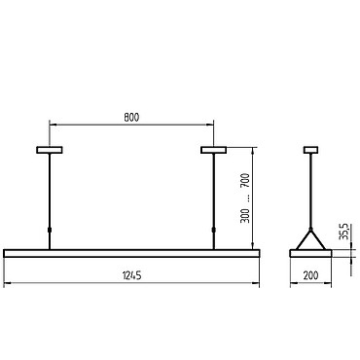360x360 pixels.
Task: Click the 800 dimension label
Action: coord(131,117)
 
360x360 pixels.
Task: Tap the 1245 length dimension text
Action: coord(132,276)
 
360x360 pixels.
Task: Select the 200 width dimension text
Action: coord(310,275)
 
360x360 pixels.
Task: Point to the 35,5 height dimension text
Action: coord(343,232)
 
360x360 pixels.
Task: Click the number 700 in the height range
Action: coord(245,181)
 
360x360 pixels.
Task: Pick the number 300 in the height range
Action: coord(245,216)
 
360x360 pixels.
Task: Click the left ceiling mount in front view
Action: coord(50,150)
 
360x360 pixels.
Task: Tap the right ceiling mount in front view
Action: coord(213,150)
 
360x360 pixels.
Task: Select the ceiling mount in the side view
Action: coord(310,150)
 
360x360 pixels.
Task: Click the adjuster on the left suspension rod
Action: coord(50,230)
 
